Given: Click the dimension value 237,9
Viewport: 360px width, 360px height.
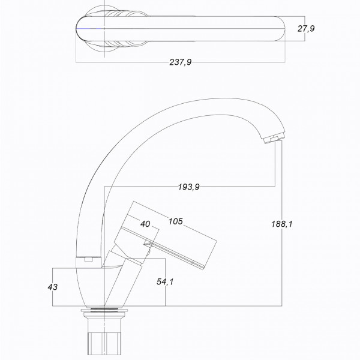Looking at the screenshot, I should point(181,64).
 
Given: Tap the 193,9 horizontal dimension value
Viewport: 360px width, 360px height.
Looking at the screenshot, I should point(189,187).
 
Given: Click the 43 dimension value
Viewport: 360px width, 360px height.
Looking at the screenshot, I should point(54,287).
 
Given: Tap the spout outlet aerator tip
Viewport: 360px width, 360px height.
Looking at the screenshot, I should point(272,140).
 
